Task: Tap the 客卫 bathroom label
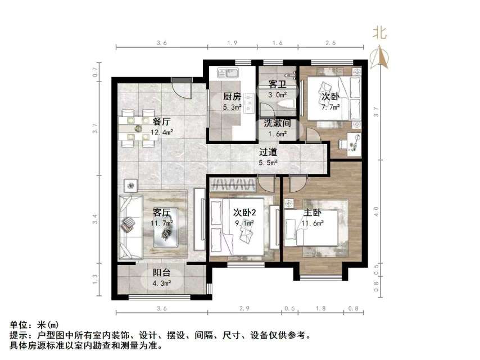pyautogui.click(x=277, y=84)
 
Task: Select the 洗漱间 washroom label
pyautogui.click(x=277, y=124)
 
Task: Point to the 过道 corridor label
pyautogui.click(x=269, y=152)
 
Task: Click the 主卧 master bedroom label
pyautogui.click(x=313, y=213)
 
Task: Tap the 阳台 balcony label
pyautogui.click(x=162, y=274)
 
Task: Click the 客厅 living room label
pyautogui.click(x=162, y=213)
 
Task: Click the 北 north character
pyautogui.click(x=381, y=33)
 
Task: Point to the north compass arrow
pyautogui.click(x=381, y=56)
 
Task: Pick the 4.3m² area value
pyautogui.click(x=162, y=284)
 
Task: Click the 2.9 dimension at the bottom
pyautogui.click(x=245, y=308)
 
